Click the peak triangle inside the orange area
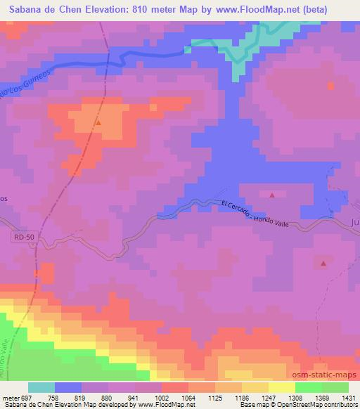click(x=98, y=123)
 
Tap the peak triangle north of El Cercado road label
click(x=272, y=195)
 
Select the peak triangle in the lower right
click(x=323, y=264)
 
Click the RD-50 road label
click(x=23, y=238)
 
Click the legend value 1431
click(x=341, y=396)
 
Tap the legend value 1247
click(x=254, y=396)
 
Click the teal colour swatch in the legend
click(x=41, y=387)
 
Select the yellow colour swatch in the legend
click(x=281, y=387)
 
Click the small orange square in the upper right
click(x=330, y=86)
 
